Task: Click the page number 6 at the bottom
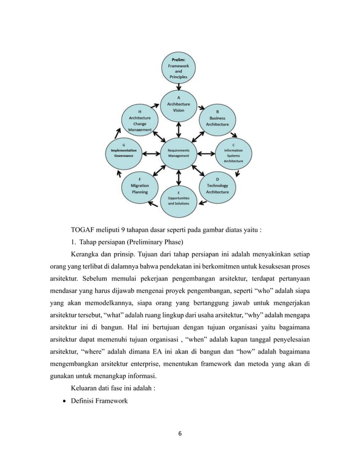180,434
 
